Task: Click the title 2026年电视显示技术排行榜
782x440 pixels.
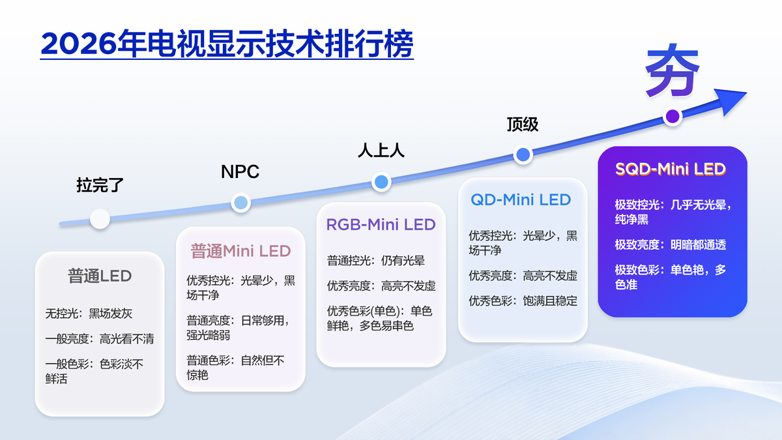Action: click(x=227, y=44)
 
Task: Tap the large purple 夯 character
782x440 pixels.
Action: click(x=672, y=71)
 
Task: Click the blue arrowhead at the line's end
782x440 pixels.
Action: click(x=731, y=100)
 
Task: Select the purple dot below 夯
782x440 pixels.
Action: click(x=673, y=116)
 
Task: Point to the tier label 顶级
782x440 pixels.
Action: click(x=523, y=125)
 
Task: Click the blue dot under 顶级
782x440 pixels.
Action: click(x=523, y=154)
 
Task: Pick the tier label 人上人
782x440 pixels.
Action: click(x=381, y=151)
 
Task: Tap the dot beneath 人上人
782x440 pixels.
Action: click(x=381, y=182)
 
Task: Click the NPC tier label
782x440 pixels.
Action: click(x=240, y=171)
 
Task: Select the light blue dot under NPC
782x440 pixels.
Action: click(x=241, y=203)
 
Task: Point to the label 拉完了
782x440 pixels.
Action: click(x=100, y=184)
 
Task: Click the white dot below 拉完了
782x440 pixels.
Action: click(x=100, y=219)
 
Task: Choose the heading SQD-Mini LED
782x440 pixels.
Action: click(x=671, y=169)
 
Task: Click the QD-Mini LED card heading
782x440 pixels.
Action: click(x=521, y=199)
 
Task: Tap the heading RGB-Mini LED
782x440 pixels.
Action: click(x=381, y=224)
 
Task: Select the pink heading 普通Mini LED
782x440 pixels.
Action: click(x=240, y=251)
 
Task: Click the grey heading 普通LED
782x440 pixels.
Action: click(x=100, y=276)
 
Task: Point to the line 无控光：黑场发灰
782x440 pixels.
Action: click(x=89, y=314)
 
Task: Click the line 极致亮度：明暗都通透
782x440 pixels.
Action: click(x=671, y=245)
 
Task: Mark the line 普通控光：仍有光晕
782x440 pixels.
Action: click(x=375, y=261)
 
